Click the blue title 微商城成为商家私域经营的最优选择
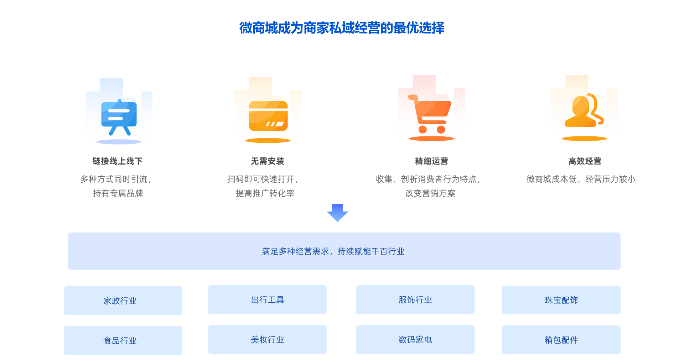point(342,28)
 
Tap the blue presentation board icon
point(119,116)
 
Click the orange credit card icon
point(268,116)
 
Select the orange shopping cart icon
point(430,115)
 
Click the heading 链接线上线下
point(117,161)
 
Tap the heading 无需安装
point(267,161)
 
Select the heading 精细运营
point(431,161)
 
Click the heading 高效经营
point(584,161)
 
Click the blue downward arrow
point(337,213)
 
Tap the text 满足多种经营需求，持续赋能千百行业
point(333,251)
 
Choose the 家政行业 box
point(123,301)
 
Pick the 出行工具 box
point(267,299)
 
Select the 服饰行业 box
point(415,299)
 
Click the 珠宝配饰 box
point(561,300)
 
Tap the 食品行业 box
point(123,340)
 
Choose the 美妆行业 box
point(267,339)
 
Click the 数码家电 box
point(415,339)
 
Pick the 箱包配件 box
point(561,340)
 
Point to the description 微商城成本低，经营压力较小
point(581,179)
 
